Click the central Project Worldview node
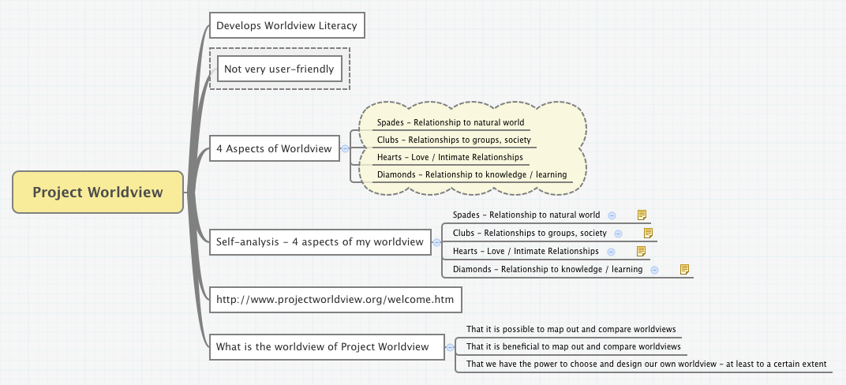tap(98, 192)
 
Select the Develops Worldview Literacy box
tap(286, 25)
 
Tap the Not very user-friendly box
tap(279, 69)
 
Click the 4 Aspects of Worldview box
tap(274, 148)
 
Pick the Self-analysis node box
tap(320, 241)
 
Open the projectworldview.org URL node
tap(335, 300)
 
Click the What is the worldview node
tap(322, 346)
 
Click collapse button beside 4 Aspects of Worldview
tap(345, 148)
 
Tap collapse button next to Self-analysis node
tap(437, 241)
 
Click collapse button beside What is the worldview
tap(450, 346)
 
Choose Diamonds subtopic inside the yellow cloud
tap(472, 174)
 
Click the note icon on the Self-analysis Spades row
tap(642, 215)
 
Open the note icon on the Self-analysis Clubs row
tap(648, 233)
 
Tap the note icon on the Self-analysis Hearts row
tap(641, 251)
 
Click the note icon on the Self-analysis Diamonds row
tap(684, 270)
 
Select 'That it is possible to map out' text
tap(571, 329)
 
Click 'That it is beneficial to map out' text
tap(573, 346)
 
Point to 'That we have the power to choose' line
tap(646, 364)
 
